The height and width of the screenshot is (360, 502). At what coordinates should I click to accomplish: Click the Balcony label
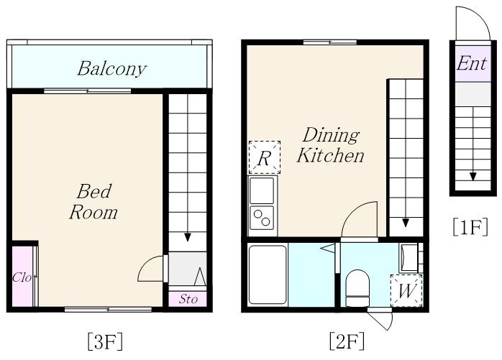coord(111,69)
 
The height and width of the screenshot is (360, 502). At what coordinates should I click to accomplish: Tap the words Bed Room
coord(93,202)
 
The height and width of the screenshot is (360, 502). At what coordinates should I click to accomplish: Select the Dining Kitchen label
coord(330,145)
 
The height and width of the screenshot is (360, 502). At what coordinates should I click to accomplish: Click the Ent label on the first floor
coord(472,63)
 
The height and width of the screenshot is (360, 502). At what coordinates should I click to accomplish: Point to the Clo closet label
coord(22,277)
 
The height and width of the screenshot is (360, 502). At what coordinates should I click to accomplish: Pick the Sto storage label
coord(188,299)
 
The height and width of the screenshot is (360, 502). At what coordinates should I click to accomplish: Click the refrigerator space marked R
coord(265,157)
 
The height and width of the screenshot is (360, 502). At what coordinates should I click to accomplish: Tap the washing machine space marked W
coord(406,290)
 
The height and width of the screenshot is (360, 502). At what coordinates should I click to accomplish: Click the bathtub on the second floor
coord(268,274)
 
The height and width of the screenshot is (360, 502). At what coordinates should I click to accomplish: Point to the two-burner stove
coord(262,218)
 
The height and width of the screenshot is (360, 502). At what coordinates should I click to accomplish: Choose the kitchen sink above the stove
coord(262,190)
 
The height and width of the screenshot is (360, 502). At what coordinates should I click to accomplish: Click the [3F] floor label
coord(105,341)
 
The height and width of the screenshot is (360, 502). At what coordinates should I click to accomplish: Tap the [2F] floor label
coord(347,341)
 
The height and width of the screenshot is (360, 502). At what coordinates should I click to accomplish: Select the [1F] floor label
coord(470,226)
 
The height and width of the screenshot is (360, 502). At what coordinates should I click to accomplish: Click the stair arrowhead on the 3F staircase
coord(188,237)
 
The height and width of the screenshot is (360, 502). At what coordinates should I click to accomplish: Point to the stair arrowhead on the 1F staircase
coord(473,177)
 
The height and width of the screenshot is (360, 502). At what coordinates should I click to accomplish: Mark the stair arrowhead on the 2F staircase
coord(406,223)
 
